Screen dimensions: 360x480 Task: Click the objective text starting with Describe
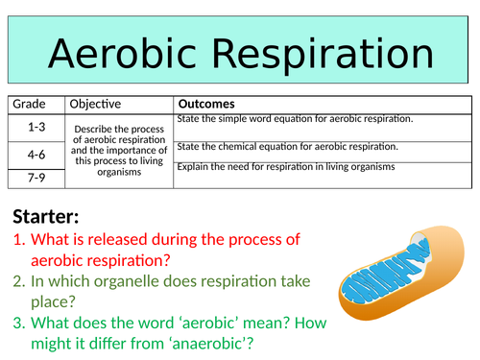120,150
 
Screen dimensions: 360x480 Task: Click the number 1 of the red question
18,239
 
